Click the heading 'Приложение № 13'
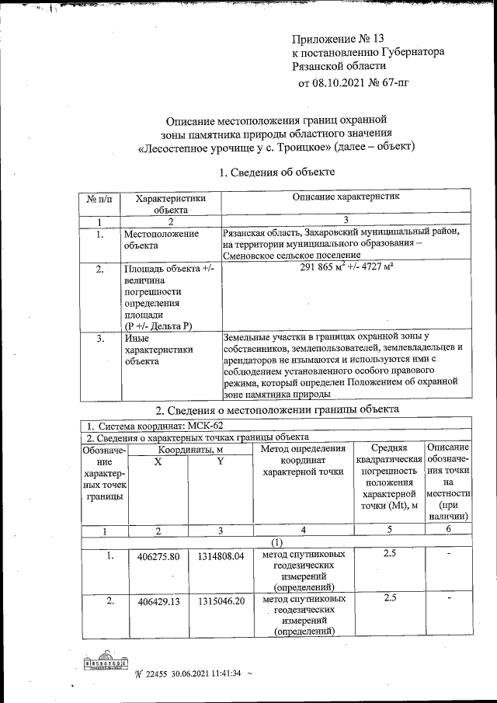pyautogui.click(x=338, y=38)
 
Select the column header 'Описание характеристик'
pyautogui.click(x=346, y=198)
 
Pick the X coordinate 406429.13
pyautogui.click(x=158, y=601)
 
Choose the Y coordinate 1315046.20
pyautogui.click(x=221, y=601)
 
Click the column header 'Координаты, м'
pyautogui.click(x=190, y=449)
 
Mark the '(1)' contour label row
pyautogui.click(x=276, y=541)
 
